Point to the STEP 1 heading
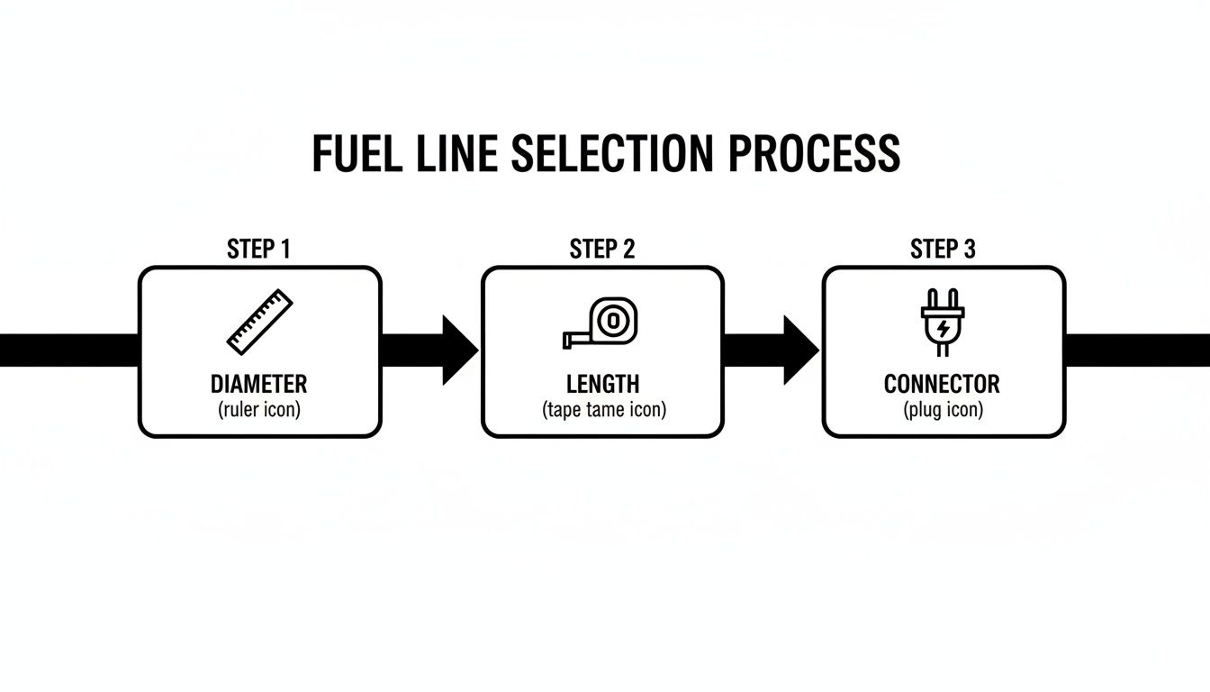click(258, 250)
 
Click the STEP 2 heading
click(601, 250)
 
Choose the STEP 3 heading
click(943, 250)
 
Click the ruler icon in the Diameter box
click(259, 321)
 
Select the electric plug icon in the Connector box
click(942, 323)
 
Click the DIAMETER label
click(258, 384)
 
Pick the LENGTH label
click(602, 384)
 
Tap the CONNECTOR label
click(942, 384)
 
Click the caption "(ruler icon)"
click(258, 410)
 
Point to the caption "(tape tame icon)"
click(603, 410)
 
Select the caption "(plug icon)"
click(943, 410)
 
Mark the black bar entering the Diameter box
click(68, 351)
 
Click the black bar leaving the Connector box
click(1137, 351)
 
